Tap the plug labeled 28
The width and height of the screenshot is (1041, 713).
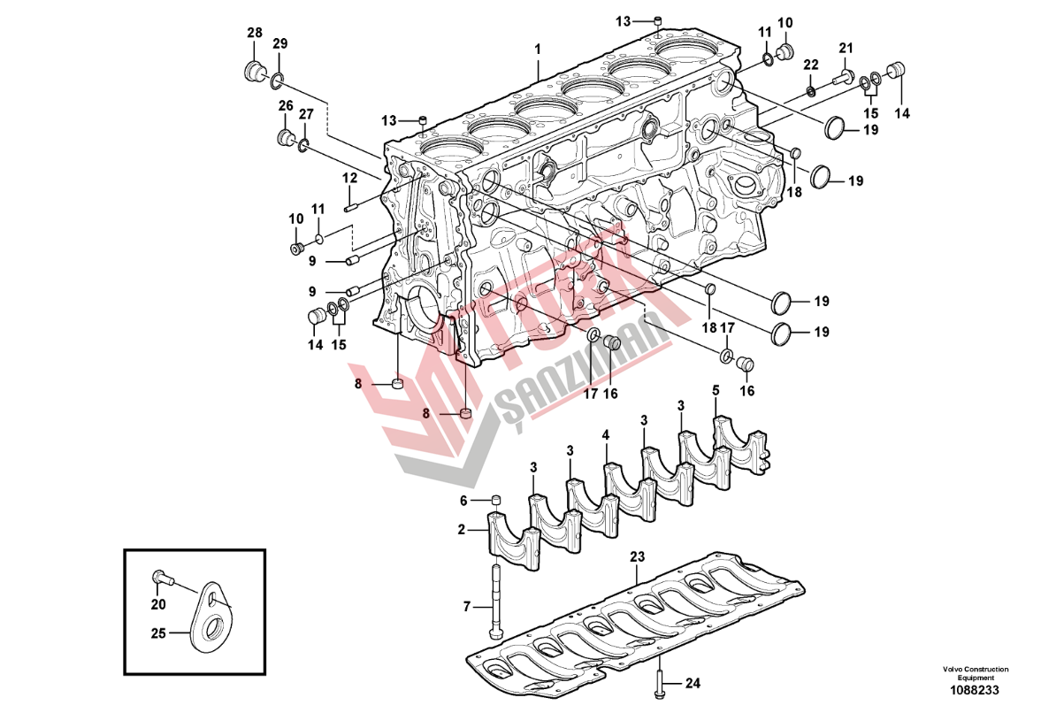coord(253,71)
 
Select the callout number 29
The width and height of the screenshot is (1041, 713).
coord(279,44)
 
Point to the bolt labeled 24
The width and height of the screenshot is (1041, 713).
coord(662,682)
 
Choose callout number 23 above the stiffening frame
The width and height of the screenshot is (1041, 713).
coord(637,557)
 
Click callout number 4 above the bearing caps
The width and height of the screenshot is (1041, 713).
coord(607,435)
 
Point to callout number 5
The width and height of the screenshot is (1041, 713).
coord(715,390)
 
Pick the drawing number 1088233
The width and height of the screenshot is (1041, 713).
coord(976,690)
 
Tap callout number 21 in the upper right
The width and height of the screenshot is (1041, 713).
coord(846,48)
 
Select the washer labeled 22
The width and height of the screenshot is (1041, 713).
coord(811,90)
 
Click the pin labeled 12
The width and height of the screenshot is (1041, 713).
coord(350,209)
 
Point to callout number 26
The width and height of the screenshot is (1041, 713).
coord(286,106)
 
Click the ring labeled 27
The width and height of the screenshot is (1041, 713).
coord(303,143)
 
